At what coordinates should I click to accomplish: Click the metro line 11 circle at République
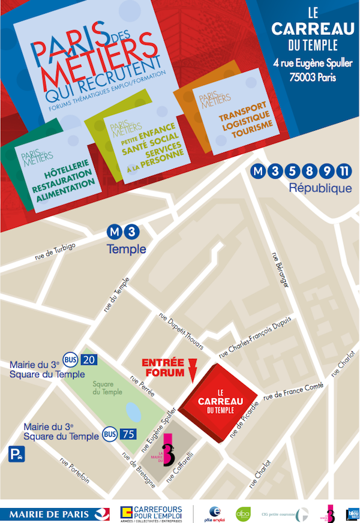[x=344, y=172]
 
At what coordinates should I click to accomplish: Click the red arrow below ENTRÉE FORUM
[x=191, y=372]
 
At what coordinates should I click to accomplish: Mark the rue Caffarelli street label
[x=182, y=466]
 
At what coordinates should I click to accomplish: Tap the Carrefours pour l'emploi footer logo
[x=151, y=513]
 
